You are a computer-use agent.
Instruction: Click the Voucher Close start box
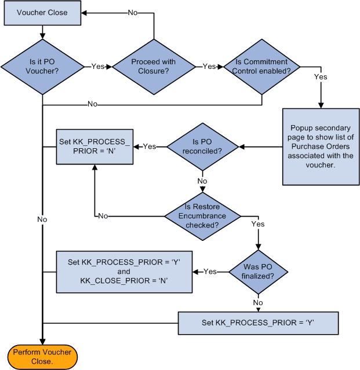click(x=42, y=13)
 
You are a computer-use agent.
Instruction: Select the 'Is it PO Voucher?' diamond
click(x=42, y=66)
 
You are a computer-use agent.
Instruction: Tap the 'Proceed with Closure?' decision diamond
click(x=154, y=66)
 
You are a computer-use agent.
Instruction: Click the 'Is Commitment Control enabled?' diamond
click(x=262, y=66)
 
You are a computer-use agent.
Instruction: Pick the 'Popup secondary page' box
click(x=321, y=146)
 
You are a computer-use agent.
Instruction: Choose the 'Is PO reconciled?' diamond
click(x=202, y=146)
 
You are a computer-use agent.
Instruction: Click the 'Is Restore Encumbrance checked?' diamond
click(x=202, y=215)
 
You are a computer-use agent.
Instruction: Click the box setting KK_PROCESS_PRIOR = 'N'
click(x=94, y=146)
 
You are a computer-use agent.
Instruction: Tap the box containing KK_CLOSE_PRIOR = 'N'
click(x=123, y=272)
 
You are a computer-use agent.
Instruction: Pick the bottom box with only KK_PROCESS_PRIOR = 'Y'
click(x=257, y=323)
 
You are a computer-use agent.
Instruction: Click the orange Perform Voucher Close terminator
click(x=42, y=357)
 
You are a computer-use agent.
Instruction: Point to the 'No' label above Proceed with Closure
click(x=133, y=13)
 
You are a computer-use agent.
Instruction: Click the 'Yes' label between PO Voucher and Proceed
click(x=98, y=66)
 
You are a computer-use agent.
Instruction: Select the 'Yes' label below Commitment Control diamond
click(x=321, y=76)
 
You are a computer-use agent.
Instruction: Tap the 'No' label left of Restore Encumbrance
click(x=103, y=216)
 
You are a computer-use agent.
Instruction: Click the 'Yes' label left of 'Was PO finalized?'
click(x=210, y=272)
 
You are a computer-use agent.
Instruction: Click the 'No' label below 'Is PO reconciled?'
click(x=202, y=181)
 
